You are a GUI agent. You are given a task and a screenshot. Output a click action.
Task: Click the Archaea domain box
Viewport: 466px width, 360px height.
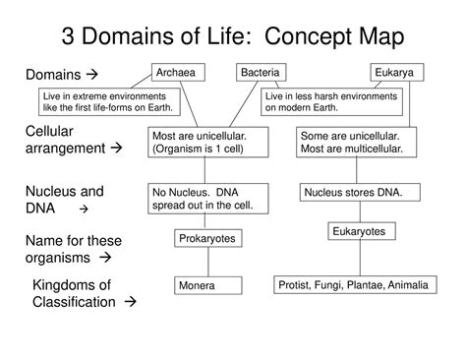(176, 73)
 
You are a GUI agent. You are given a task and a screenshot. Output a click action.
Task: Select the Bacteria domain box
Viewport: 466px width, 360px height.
(262, 73)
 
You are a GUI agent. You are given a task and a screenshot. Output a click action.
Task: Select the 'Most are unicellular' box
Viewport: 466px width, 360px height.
(209, 142)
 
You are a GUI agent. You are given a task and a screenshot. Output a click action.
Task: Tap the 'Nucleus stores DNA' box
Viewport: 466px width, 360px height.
(353, 193)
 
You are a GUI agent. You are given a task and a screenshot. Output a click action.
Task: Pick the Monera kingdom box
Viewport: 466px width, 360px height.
(207, 285)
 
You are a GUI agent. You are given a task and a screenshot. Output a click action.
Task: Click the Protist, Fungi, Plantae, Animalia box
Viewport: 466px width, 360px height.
(354, 284)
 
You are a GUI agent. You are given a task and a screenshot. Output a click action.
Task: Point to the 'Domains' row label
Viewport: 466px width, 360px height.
(61, 75)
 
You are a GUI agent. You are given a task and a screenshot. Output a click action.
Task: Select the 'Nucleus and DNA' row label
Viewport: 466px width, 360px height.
(64, 200)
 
